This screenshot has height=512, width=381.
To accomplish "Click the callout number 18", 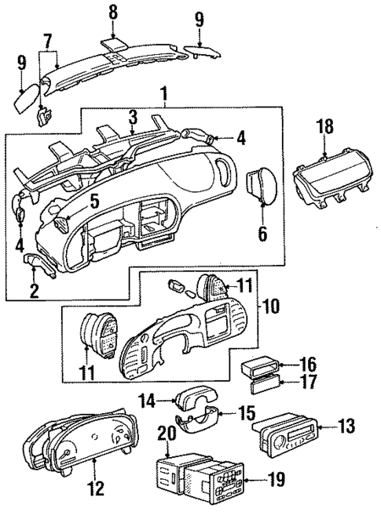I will point(325,127).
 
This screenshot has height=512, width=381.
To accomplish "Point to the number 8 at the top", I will point(114,13).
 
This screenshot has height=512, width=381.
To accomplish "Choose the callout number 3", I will point(133,117).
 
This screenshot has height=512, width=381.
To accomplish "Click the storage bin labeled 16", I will point(257,365).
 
